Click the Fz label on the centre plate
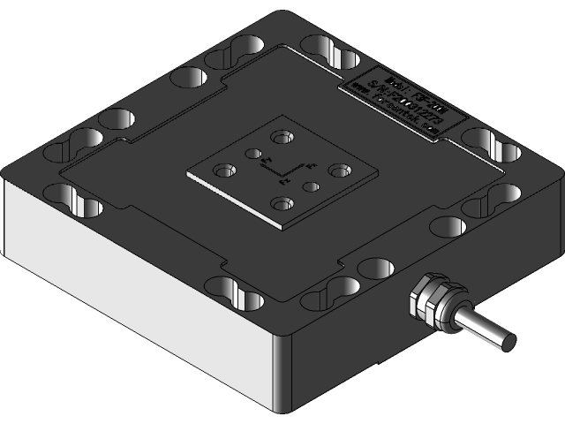tap(283, 181)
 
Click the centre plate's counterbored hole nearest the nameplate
tap(282, 137)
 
